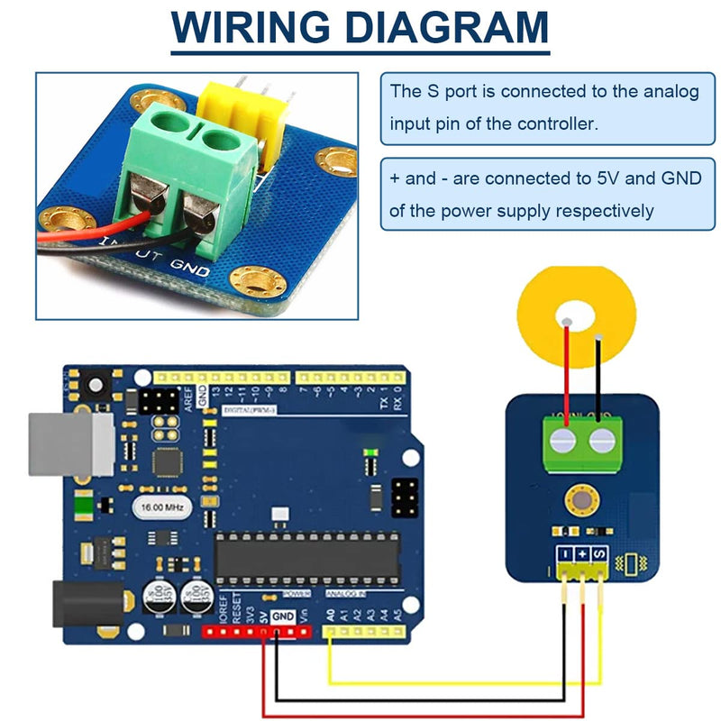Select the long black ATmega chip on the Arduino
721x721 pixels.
(306, 556)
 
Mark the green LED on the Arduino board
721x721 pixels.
(369, 451)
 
